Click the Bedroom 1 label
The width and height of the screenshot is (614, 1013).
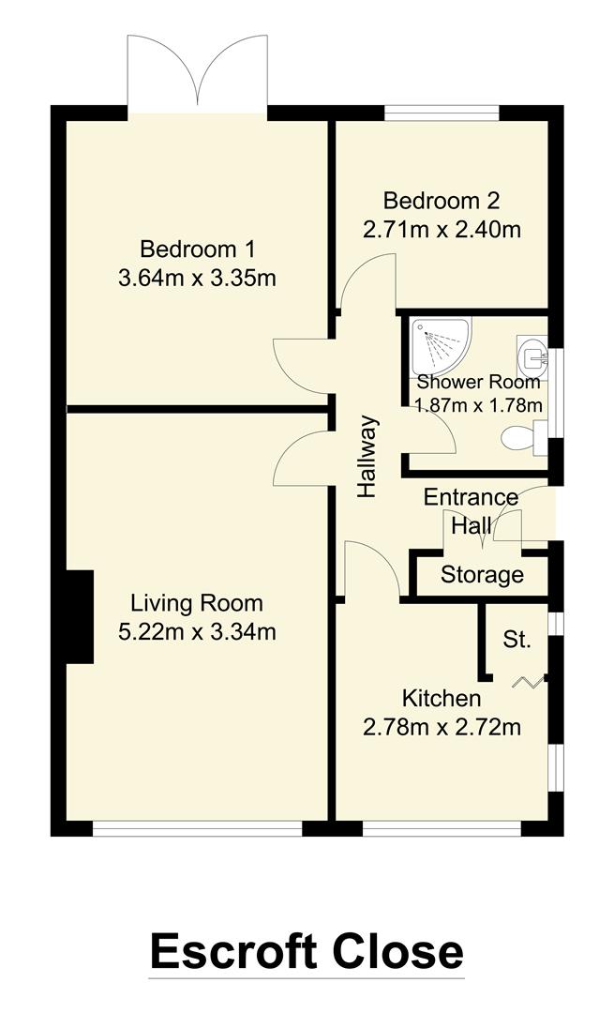[197, 249]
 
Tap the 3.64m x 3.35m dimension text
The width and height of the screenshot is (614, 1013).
[197, 279]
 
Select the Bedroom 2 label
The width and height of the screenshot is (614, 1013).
[442, 201]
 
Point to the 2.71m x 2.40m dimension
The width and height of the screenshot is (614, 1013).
[442, 229]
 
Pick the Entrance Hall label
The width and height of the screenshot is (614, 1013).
[471, 510]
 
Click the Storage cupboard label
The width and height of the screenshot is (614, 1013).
[482, 575]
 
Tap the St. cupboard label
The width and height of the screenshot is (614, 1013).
[517, 641]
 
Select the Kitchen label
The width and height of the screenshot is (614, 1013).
[442, 699]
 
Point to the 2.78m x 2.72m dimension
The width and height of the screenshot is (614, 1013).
[442, 727]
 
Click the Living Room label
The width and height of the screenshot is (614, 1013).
[197, 603]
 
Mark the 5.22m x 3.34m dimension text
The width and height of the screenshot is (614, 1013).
[197, 632]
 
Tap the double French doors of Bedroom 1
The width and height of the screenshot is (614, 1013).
[198, 73]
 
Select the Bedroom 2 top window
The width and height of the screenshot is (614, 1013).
[442, 113]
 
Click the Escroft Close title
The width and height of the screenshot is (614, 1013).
[307, 950]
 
